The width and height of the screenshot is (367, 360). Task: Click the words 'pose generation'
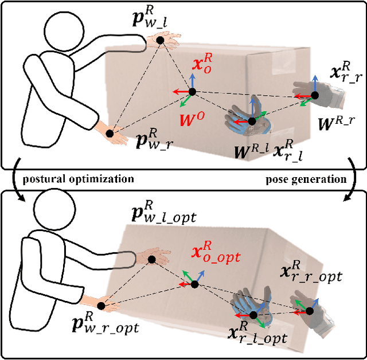point(306,179)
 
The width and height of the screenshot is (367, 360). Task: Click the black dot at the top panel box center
point(193,92)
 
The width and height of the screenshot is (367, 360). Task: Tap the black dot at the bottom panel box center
point(195,284)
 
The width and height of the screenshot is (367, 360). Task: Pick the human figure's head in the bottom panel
point(54,210)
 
